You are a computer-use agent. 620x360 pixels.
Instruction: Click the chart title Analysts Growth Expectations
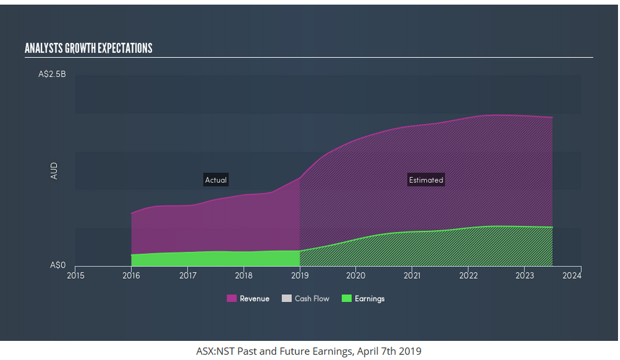click(x=88, y=48)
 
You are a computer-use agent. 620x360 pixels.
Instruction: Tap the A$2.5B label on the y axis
click(x=52, y=75)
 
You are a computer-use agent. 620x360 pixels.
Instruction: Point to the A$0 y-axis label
click(x=58, y=265)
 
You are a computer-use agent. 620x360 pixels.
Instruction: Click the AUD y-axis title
click(x=54, y=171)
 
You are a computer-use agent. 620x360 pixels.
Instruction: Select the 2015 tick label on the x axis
click(x=75, y=275)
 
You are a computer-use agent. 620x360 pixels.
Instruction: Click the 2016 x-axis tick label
click(x=131, y=275)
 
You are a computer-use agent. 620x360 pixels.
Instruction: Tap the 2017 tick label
click(x=188, y=275)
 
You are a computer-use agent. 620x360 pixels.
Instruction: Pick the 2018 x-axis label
click(x=244, y=275)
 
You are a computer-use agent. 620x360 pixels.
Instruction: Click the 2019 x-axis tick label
click(x=300, y=275)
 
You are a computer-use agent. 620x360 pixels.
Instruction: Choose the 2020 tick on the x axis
click(x=356, y=275)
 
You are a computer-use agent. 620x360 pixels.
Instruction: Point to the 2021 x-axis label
click(x=412, y=275)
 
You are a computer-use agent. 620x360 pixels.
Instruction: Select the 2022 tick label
click(x=468, y=275)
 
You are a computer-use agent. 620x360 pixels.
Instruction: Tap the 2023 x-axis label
click(x=524, y=275)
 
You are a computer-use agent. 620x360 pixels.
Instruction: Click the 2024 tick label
click(x=572, y=275)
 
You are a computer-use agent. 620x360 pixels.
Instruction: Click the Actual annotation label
click(x=215, y=180)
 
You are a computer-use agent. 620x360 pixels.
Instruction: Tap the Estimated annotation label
click(x=426, y=180)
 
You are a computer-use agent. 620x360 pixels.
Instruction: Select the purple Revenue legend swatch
click(x=231, y=299)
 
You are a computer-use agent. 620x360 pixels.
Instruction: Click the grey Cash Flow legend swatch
click(x=287, y=299)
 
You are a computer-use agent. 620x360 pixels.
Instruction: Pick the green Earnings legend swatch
click(x=347, y=299)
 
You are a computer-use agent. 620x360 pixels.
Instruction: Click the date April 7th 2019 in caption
click(x=389, y=351)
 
